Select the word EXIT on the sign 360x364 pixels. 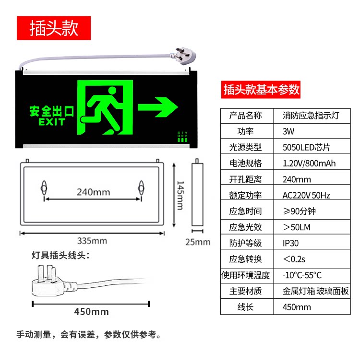click(x=52, y=122)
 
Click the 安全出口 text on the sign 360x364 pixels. click(x=52, y=112)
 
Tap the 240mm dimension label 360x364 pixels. click(x=94, y=192)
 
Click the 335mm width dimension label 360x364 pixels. click(x=92, y=240)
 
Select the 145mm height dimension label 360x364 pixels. click(x=179, y=195)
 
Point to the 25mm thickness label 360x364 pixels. click(x=198, y=242)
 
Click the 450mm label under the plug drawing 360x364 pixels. click(x=91, y=312)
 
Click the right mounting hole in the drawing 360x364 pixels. click(x=142, y=188)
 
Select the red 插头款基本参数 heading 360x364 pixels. click(x=262, y=89)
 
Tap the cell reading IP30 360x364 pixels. click(x=291, y=243)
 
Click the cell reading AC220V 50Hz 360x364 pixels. click(x=306, y=195)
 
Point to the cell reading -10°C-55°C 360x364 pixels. click(x=302, y=275)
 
